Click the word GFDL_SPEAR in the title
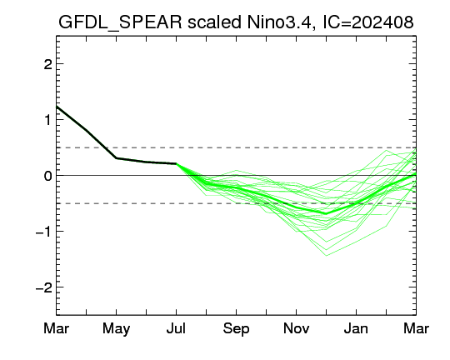pos(120,22)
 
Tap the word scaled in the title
pos(214,22)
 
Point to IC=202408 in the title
pos(368,22)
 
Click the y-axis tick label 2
pos(48,64)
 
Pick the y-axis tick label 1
pos(48,120)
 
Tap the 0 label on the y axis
pos(48,175)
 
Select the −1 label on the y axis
pos(44,232)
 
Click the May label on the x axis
pos(116,328)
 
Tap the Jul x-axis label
pos(176,328)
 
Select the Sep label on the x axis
pos(236,328)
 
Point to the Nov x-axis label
pos(296,328)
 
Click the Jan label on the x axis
pos(356,328)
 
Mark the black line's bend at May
pos(116,157)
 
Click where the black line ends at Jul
pos(176,163)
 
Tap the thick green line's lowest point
pos(326,213)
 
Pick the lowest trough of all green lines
pos(327,255)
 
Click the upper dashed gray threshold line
pos(236,147)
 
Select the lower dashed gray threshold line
pos(236,203)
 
